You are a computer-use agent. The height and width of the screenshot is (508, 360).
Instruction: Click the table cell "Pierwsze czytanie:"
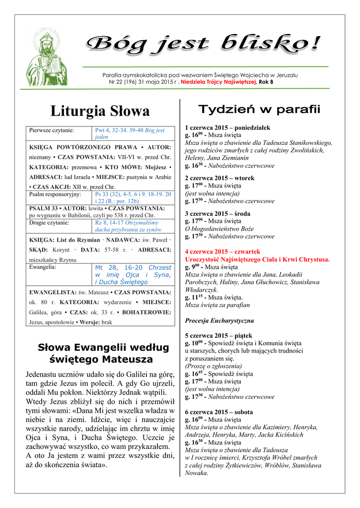tap(52, 130)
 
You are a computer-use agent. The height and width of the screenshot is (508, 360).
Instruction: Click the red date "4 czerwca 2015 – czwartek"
tap(222, 252)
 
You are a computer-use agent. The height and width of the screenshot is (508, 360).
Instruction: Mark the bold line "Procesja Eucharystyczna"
tap(219, 320)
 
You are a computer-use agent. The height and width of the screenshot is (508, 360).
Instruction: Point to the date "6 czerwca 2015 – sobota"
tap(218, 412)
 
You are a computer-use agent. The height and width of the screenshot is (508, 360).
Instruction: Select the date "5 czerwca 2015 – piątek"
tap(217, 335)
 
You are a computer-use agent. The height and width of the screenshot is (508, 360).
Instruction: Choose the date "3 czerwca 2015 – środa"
tap(217, 213)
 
